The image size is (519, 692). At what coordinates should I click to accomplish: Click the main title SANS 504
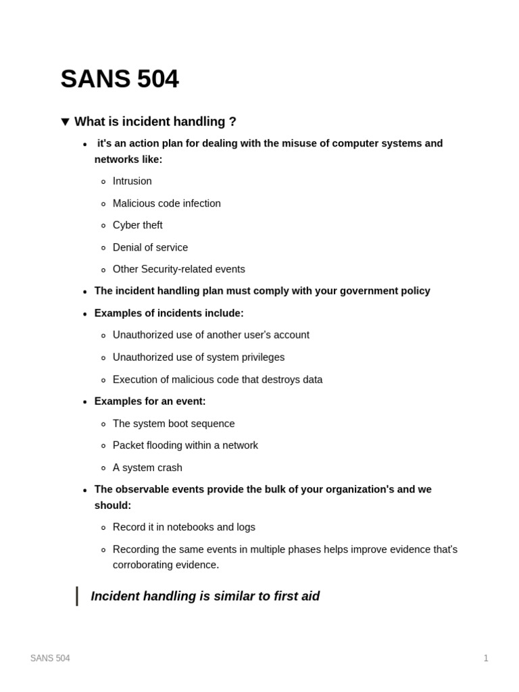[120, 79]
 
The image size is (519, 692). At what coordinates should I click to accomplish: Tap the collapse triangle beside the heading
[66, 122]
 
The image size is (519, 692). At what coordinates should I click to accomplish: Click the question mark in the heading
[232, 122]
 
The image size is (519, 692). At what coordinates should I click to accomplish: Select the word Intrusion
[132, 181]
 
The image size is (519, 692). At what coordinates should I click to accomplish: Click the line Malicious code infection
[166, 203]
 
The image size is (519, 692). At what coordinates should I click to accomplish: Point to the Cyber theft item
[137, 225]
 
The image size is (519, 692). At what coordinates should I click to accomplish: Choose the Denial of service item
[150, 247]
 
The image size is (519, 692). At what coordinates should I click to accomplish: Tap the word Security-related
[178, 269]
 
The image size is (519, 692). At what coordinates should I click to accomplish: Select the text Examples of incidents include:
[169, 313]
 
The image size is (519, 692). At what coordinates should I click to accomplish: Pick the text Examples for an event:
[150, 401]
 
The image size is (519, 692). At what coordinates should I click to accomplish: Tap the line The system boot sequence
[174, 424]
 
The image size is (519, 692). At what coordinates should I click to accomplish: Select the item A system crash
[147, 468]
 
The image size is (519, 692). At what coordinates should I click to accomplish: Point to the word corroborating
[145, 565]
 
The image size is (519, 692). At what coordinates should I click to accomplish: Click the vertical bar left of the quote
[77, 596]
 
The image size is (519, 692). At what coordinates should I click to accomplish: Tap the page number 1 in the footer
[485, 658]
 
